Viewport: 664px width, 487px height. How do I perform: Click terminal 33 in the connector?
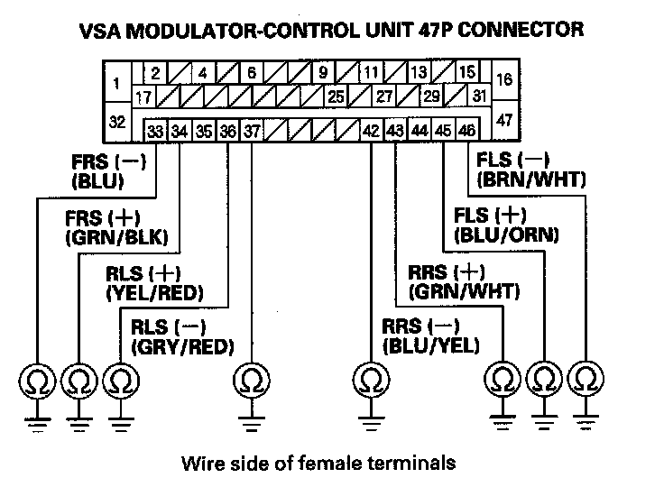pos(156,131)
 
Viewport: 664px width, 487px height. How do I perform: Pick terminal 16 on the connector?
pos(504,79)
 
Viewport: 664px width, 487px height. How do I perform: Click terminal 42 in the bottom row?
pos(371,131)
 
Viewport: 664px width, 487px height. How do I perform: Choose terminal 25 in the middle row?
pos(336,96)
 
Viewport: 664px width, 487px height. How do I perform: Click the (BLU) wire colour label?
pos(97,181)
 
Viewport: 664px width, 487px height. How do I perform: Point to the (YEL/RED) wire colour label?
pos(154,293)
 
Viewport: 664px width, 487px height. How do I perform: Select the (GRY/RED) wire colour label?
pos(182,346)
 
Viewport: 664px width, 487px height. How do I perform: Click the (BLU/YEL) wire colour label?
pos(430,346)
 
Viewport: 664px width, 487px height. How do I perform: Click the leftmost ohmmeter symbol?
pos(37,379)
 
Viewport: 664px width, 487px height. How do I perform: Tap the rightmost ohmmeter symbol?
pos(587,379)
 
